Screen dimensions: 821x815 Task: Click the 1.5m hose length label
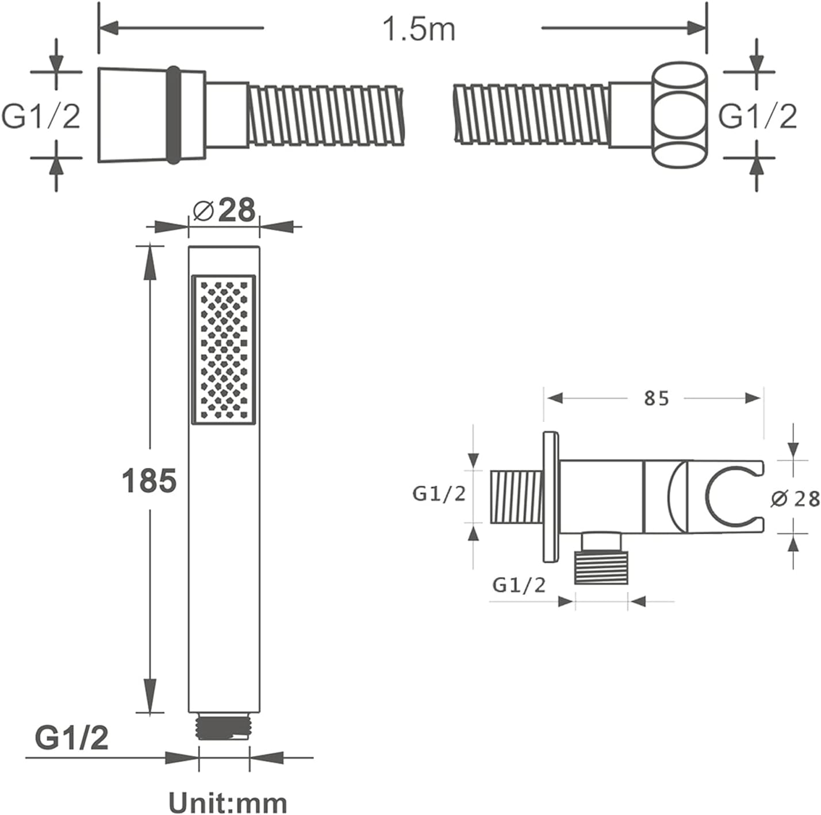(x=419, y=29)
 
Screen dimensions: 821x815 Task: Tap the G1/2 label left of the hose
(x=41, y=116)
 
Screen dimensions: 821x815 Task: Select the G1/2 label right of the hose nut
(x=758, y=116)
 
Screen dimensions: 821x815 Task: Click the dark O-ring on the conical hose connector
(x=174, y=115)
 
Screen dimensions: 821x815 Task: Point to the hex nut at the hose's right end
(x=679, y=115)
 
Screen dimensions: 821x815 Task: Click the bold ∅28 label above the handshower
(x=224, y=210)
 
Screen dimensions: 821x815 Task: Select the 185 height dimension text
(x=149, y=480)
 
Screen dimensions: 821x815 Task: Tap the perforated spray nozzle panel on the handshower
(x=224, y=350)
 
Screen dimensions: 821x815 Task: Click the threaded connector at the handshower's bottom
(x=224, y=729)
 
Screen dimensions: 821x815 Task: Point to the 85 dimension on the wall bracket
(x=657, y=398)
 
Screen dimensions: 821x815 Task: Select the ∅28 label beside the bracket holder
(x=795, y=499)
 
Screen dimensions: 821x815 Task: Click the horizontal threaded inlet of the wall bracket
(x=516, y=497)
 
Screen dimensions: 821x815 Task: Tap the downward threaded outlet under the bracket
(x=601, y=567)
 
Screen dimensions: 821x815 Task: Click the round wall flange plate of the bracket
(x=551, y=497)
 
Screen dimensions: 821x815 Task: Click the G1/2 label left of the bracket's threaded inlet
(x=439, y=494)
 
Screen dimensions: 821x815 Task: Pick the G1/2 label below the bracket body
(x=519, y=585)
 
